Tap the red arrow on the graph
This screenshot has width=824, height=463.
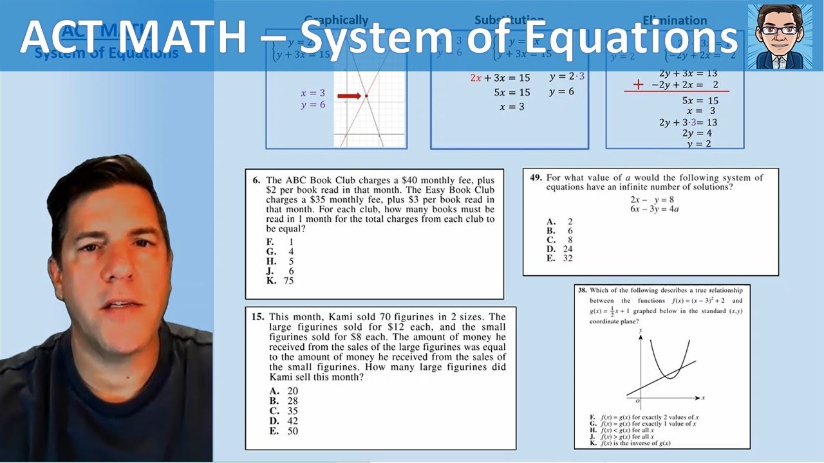coord(350,96)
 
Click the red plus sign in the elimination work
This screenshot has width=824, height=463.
coord(639,85)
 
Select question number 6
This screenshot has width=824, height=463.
coord(256,181)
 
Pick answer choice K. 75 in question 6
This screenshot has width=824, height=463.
coord(281,281)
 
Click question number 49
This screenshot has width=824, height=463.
coord(536,178)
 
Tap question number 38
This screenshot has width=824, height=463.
coord(583,291)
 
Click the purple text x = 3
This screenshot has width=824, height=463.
coord(314,93)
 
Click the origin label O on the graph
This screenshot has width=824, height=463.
coord(637,401)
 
